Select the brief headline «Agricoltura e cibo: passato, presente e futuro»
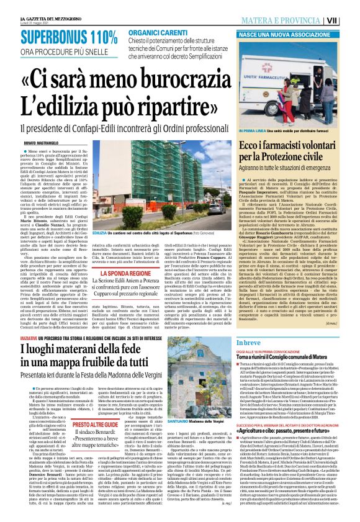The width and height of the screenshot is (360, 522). (289, 411)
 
